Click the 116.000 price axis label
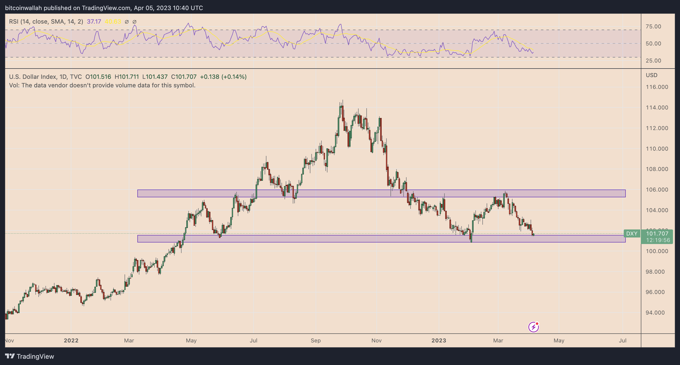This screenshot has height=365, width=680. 657,87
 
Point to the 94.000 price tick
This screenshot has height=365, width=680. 657,313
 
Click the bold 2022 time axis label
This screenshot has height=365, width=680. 71,340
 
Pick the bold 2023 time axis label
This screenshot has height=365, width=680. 439,340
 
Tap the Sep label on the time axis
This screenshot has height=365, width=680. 315,340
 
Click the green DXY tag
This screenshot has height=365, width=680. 632,233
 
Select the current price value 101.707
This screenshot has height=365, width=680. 657,233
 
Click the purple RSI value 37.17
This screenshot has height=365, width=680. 94,22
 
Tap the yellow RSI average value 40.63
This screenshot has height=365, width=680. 113,22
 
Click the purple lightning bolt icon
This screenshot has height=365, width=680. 533,327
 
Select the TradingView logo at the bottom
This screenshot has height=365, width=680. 30,356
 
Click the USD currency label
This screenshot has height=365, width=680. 651,75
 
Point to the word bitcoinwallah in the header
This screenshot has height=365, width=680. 24,8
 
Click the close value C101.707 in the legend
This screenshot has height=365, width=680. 184,77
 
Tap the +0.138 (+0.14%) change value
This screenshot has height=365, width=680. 223,77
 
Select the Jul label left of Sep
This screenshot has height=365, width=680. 253,340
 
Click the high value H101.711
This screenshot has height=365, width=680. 127,77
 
